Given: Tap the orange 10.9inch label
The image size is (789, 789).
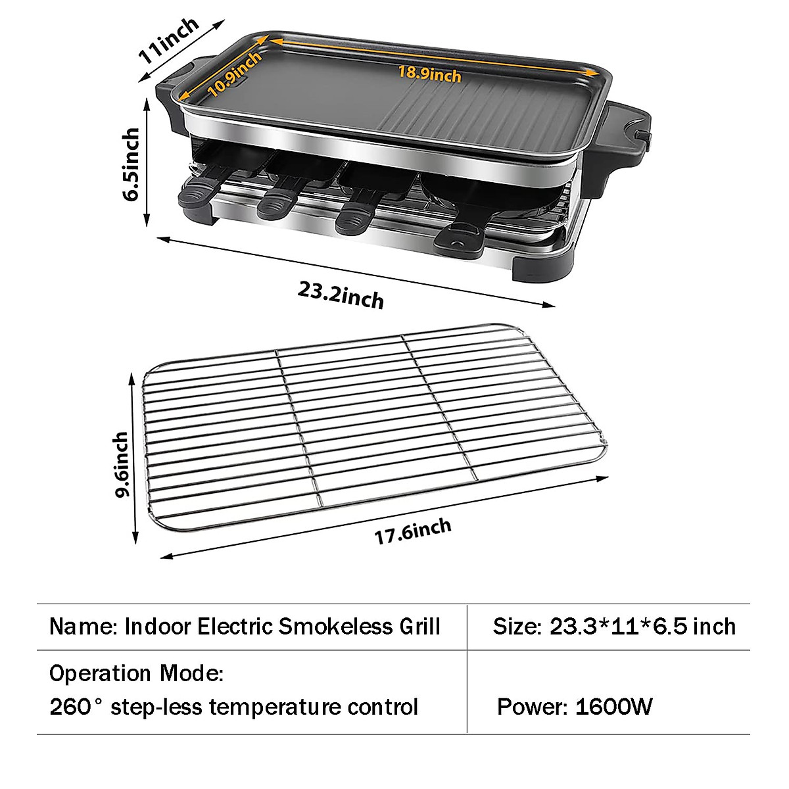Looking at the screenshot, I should pyautogui.click(x=235, y=73).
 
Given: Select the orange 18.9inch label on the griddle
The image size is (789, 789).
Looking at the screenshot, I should pyautogui.click(x=430, y=73).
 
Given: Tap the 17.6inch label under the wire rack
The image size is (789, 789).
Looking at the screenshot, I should pyautogui.click(x=413, y=531).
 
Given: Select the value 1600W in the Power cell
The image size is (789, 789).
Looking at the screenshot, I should pyautogui.click(x=613, y=707).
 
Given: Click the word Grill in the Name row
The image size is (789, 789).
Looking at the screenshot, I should pyautogui.click(x=419, y=626).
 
